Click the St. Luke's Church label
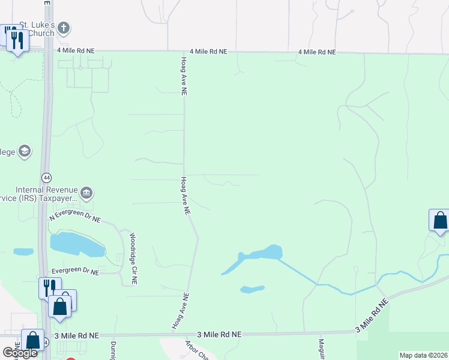[x=37, y=29]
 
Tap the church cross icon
[x=64, y=28]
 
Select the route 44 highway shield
[x=46, y=178]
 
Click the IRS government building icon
[x=87, y=193]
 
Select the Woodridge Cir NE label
[x=134, y=259]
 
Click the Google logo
[x=20, y=353]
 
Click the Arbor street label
[x=196, y=350]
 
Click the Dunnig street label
[x=113, y=350]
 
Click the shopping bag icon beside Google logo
[x=33, y=340]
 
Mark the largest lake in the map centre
[x=261, y=253]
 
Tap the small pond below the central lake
[x=252, y=289]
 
